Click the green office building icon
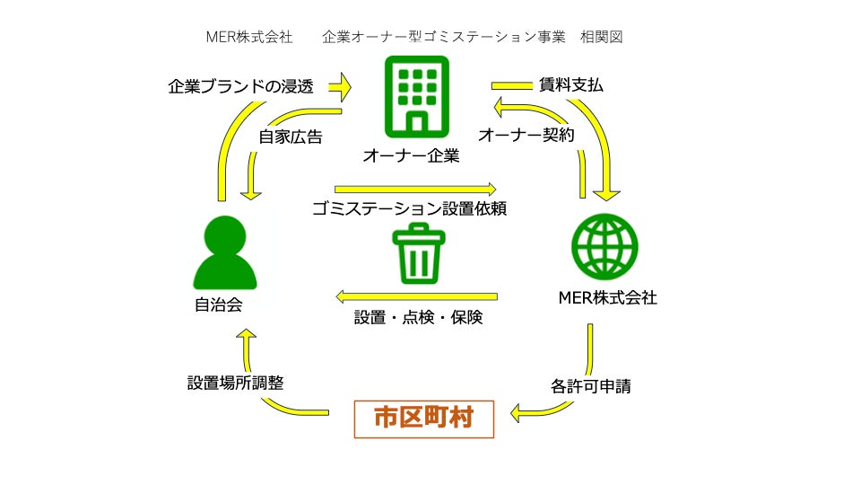[415, 95]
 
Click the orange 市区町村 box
[424, 418]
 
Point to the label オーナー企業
[411, 156]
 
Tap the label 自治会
[218, 304]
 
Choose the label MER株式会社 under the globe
[607, 298]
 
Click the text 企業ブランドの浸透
[241, 88]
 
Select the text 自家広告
[291, 137]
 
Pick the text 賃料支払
[570, 86]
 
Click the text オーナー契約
[526, 135]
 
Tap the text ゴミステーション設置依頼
[410, 210]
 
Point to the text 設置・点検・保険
[418, 317]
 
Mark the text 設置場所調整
[235, 382]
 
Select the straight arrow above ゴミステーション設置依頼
[415, 190]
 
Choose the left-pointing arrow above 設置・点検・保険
[416, 295]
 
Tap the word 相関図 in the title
[601, 37]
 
